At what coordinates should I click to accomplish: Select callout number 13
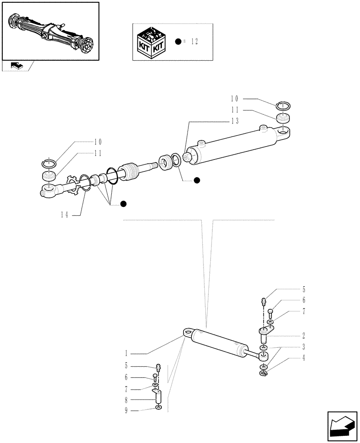click(x=235, y=121)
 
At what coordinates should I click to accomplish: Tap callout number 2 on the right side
click(x=304, y=335)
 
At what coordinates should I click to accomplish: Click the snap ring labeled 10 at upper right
click(x=283, y=105)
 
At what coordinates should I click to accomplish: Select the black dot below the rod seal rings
click(x=197, y=180)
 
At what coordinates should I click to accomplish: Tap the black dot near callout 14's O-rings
click(x=124, y=203)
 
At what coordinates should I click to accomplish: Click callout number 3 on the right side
click(x=304, y=346)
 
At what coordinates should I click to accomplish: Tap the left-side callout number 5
click(x=126, y=366)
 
